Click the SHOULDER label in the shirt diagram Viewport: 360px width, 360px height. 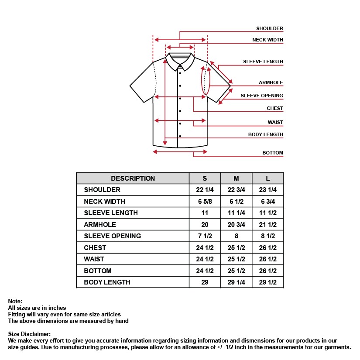[x=270, y=28]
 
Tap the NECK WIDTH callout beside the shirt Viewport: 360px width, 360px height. [x=267, y=40]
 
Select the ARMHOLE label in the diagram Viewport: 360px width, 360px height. [x=271, y=82]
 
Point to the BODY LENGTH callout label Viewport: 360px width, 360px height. [x=265, y=134]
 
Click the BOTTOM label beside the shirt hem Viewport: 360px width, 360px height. [x=272, y=153]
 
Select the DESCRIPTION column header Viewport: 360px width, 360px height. [x=133, y=178]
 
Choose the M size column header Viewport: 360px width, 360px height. [x=236, y=178]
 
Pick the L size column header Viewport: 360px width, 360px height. [x=268, y=178]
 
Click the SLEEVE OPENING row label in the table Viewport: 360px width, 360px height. [x=112, y=236]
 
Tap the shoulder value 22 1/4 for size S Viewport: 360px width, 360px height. [x=205, y=190]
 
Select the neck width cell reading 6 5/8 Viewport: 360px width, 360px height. [x=205, y=201]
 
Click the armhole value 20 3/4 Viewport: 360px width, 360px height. [x=236, y=224]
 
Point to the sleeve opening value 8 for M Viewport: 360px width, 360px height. [x=236, y=236]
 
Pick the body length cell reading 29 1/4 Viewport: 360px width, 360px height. [x=236, y=282]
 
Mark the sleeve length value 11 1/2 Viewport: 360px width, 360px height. [x=268, y=213]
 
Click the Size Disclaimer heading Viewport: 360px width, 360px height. [x=29, y=334]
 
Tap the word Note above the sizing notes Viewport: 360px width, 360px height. [x=15, y=301]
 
